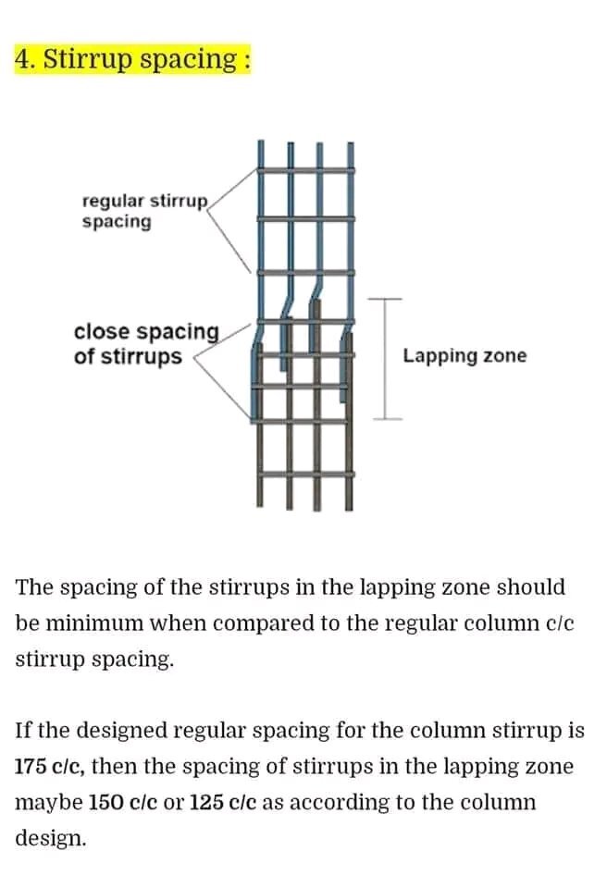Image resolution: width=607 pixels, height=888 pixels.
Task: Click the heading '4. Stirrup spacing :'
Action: (x=132, y=60)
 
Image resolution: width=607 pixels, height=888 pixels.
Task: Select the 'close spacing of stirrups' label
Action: (x=146, y=344)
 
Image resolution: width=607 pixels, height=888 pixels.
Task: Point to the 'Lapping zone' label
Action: (x=465, y=356)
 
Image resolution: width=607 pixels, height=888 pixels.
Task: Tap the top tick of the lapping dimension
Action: (x=388, y=300)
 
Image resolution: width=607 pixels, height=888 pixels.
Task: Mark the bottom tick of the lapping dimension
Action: (x=388, y=419)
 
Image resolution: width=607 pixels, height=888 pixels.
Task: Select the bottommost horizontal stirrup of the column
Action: (x=305, y=475)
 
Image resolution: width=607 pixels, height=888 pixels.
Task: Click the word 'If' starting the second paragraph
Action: (x=24, y=732)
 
